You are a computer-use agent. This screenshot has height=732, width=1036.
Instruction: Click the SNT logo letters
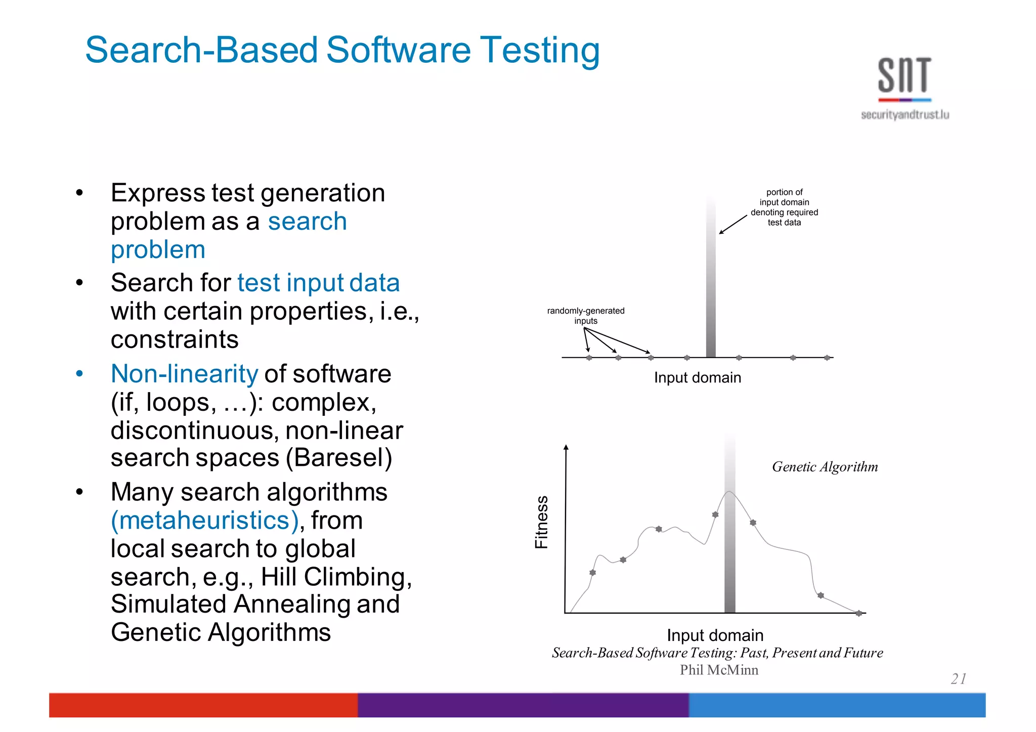coord(904,75)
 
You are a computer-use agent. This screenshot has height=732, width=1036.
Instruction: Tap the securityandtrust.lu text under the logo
coord(904,115)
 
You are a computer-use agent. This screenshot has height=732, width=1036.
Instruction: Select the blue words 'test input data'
coord(318,283)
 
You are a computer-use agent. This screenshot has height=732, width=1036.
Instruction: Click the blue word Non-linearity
coord(184,374)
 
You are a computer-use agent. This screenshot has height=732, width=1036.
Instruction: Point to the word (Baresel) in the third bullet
coord(339,458)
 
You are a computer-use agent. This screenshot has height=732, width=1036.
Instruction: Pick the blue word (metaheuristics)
coord(205,521)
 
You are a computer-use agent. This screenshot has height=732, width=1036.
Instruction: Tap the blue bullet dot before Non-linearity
coord(79,374)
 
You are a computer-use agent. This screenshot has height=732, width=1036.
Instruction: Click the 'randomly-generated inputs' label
coord(586,316)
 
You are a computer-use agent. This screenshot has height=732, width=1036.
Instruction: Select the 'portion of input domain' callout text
coord(784,207)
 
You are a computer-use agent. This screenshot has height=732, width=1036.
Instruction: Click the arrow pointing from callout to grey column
coord(733,225)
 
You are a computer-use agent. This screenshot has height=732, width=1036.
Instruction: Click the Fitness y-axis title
coord(542,522)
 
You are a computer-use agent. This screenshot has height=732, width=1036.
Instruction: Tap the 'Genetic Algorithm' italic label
coord(825,467)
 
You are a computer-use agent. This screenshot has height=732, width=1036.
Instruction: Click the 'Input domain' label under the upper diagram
coord(697,377)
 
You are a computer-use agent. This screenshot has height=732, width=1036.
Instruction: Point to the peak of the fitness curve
coord(729,492)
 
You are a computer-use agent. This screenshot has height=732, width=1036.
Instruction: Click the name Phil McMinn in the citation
coord(719,670)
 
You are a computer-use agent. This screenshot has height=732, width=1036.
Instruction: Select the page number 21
coord(959,678)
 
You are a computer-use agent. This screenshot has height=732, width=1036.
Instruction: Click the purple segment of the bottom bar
coord(523,705)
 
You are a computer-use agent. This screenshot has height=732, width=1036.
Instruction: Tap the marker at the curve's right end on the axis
coord(858,613)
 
